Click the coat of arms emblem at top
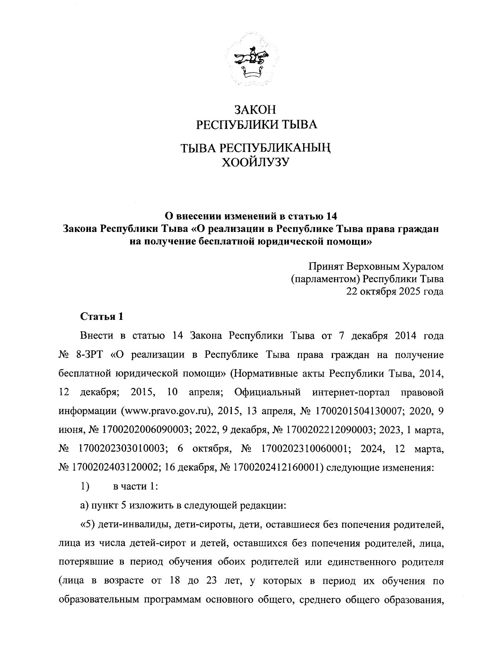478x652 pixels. click(249, 60)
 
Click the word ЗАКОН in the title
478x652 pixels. click(255, 109)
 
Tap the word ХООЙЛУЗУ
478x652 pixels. click(255, 162)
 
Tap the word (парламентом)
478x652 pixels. click(327, 278)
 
